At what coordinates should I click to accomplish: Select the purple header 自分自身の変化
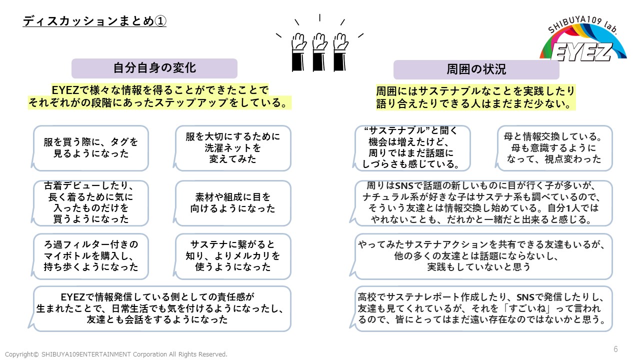154,68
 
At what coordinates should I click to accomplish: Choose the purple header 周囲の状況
475,69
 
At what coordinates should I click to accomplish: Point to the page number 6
615,349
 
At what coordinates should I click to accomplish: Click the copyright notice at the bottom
116,354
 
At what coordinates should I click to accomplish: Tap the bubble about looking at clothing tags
91,148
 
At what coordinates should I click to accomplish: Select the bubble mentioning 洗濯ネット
233,148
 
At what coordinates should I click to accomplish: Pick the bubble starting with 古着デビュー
91,202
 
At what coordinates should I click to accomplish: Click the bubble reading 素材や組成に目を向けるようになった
233,202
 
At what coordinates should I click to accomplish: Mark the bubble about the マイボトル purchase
91,255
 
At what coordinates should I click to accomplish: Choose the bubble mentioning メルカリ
233,255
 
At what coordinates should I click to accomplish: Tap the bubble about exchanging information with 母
554,148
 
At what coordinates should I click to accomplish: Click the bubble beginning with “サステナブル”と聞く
413,148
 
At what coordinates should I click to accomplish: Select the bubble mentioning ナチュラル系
483,202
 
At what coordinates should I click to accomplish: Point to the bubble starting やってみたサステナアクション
483,255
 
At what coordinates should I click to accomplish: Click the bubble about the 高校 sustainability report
483,308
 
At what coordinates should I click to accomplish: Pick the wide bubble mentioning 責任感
161,308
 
